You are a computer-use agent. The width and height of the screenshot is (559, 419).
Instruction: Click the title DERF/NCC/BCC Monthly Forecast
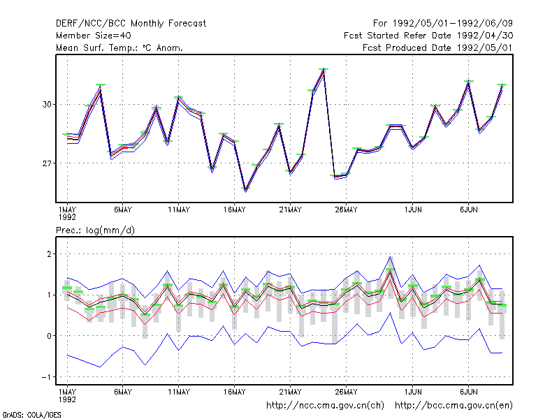tap(131, 24)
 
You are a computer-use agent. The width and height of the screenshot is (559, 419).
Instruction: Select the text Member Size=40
tap(94, 36)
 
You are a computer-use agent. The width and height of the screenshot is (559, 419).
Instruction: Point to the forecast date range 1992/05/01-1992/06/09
tap(452, 24)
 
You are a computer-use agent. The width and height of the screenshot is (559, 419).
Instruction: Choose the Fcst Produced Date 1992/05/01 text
tap(437, 47)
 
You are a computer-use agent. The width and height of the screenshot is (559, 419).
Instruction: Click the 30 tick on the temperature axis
tap(47, 104)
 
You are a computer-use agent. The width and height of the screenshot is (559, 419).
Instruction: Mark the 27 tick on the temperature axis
tap(47, 163)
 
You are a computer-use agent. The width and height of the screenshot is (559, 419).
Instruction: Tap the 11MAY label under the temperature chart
tap(179, 210)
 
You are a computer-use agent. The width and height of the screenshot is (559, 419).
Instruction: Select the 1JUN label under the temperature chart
tap(413, 210)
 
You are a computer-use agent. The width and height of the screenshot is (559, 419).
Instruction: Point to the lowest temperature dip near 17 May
tap(246, 190)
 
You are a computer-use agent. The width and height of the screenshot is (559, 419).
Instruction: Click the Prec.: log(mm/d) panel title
tap(95, 230)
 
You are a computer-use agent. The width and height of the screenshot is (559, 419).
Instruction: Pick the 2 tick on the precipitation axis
tap(49, 254)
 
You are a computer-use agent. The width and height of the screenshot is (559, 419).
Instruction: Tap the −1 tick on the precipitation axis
tap(46, 377)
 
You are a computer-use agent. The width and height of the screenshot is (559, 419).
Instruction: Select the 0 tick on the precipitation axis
tap(49, 336)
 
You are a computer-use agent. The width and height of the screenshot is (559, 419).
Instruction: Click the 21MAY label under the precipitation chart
tap(290, 392)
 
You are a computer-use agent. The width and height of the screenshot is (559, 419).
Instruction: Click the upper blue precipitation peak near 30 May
tap(391, 257)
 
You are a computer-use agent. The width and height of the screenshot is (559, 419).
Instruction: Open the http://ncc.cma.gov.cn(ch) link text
tap(325, 406)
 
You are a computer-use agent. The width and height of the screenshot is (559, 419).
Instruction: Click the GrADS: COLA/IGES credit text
tap(31, 415)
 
